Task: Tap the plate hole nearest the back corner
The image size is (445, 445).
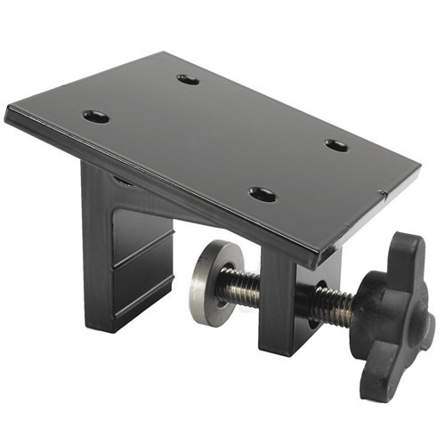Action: [x=188, y=79]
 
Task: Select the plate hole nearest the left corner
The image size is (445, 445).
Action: [x=95, y=117]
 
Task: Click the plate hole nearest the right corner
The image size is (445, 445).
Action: [x=336, y=145]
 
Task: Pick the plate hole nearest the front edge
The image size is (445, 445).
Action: [x=263, y=194]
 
